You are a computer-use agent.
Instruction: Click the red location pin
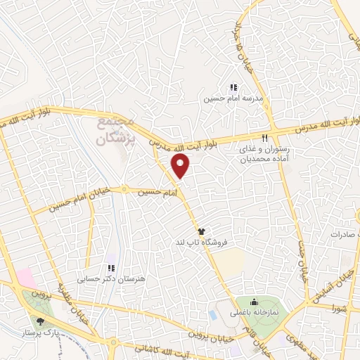181,166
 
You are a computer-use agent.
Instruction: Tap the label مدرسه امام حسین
233,99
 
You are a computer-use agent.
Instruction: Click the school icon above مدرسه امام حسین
232,88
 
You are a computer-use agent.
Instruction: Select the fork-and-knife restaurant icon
265,139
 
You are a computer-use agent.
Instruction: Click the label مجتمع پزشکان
114,132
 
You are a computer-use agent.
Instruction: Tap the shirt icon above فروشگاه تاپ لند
201,231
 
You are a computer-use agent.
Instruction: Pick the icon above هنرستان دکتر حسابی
110,268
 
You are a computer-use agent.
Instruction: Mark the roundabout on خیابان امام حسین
124,189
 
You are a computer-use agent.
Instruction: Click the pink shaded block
25,276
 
